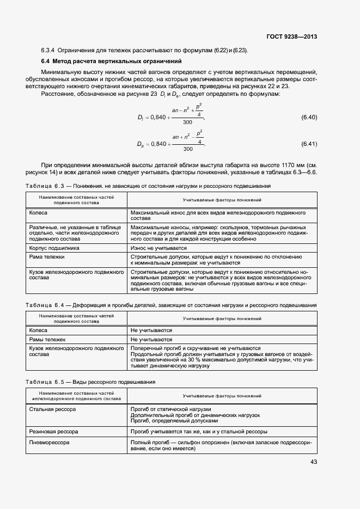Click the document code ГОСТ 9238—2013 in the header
(291, 36)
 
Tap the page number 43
(313, 462)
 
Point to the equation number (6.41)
(309, 144)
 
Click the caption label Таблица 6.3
(49, 186)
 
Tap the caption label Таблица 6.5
(49, 382)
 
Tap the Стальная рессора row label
(52, 409)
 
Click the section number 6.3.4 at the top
(48, 51)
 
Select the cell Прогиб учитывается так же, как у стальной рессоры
(199, 431)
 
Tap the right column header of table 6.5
(222, 396)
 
